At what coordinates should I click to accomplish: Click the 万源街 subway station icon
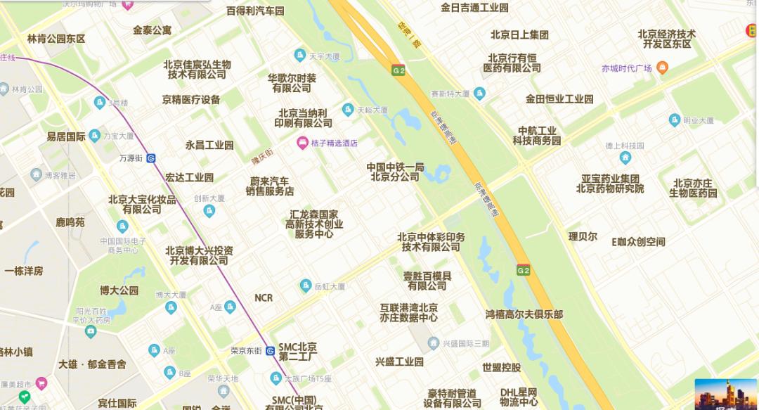click(x=151, y=158)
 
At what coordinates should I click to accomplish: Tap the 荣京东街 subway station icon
click(x=270, y=351)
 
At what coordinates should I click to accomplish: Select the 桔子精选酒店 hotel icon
click(x=302, y=143)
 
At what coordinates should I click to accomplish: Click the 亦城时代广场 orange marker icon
click(x=662, y=68)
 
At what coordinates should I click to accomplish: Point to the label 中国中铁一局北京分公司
click(x=395, y=172)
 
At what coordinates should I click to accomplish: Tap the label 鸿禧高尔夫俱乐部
click(x=524, y=314)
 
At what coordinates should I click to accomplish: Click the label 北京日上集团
click(x=519, y=34)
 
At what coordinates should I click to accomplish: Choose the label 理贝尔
click(x=583, y=236)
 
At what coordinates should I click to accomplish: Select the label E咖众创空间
click(x=637, y=242)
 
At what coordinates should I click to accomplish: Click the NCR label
click(x=264, y=298)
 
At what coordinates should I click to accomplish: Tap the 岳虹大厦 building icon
click(x=306, y=286)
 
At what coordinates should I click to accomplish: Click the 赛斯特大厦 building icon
click(x=480, y=93)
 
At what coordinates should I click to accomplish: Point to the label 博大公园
click(x=119, y=290)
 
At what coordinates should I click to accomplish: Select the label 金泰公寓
click(x=152, y=30)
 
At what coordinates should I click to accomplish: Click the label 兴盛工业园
click(x=399, y=361)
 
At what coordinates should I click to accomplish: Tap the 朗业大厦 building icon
click(x=675, y=120)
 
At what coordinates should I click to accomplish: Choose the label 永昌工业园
click(x=209, y=145)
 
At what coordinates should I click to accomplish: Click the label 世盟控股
click(x=501, y=367)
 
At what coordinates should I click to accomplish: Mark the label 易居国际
click(x=66, y=136)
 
